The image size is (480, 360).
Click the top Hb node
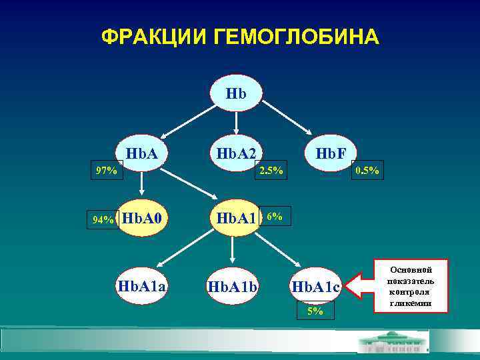coord(236,93)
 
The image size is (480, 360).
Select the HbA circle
coord(141,154)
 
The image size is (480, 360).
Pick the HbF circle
coord(331,154)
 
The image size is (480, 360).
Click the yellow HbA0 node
coord(142,218)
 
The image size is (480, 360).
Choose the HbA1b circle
coord(233,286)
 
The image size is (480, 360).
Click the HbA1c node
coord(315,287)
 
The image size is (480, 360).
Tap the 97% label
coord(105,171)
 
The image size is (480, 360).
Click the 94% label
coord(103,219)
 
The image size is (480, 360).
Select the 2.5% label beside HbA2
coord(271,171)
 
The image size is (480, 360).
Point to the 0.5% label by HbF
coord(367,171)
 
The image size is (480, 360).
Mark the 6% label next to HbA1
coord(274,217)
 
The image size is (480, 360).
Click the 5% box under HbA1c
coord(315,311)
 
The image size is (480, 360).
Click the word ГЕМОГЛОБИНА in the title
coord(297,36)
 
